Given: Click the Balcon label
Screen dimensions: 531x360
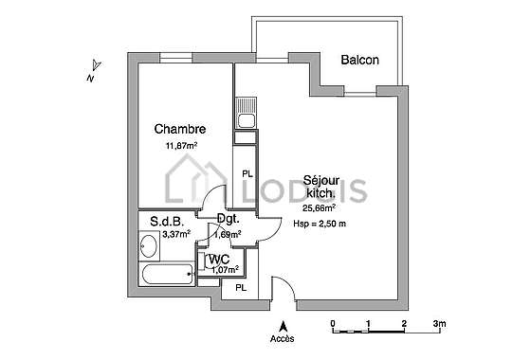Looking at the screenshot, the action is click(359, 60).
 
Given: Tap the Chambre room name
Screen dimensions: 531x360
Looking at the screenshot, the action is click(180, 129).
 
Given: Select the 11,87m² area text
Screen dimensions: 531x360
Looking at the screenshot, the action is click(181, 146).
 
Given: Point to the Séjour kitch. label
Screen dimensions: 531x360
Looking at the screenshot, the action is click(321, 186).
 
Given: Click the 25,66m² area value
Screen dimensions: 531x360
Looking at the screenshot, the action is click(319, 208).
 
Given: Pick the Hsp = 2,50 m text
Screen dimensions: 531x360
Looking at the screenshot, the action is click(320, 224).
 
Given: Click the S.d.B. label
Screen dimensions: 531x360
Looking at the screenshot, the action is click(167, 222).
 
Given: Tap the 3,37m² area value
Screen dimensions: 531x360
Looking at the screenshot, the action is click(176, 234).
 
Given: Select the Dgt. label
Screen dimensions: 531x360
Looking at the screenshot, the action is click(229, 219).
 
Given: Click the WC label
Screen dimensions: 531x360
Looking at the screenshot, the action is click(219, 260).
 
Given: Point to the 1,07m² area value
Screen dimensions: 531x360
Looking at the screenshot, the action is click(226, 270).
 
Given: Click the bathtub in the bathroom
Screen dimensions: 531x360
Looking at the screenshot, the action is click(167, 275).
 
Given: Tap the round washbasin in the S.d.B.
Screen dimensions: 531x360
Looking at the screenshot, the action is click(148, 246).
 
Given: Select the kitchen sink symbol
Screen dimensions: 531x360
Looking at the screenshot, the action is click(246, 113).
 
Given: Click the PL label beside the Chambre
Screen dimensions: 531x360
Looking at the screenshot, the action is click(247, 174).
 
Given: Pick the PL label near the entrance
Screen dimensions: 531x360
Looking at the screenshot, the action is click(241, 288).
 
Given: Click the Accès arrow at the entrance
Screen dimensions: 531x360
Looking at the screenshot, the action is click(284, 327).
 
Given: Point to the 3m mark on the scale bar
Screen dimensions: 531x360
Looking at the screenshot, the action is click(440, 324).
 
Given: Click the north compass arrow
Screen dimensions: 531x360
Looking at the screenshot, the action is click(97, 64).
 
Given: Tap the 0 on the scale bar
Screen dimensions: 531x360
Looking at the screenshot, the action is click(333, 324).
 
